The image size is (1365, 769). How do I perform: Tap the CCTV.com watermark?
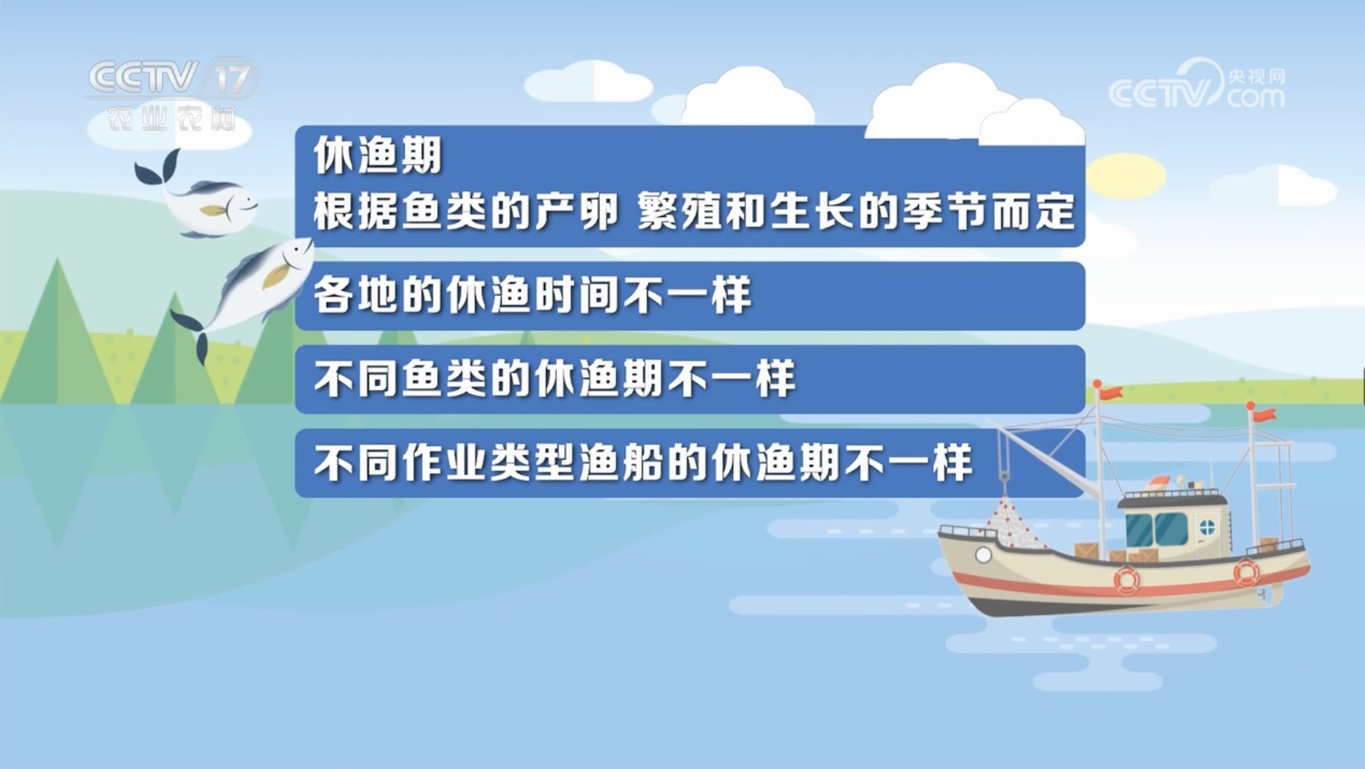click(x=1197, y=86)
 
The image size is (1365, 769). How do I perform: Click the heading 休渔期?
click(x=378, y=156)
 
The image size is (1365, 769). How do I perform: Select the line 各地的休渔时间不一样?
click(x=532, y=296)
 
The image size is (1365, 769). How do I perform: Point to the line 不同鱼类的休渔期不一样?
click(x=554, y=379)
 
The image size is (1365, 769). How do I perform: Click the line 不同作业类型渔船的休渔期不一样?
click(x=643, y=463)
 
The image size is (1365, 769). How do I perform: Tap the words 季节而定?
click(x=989, y=212)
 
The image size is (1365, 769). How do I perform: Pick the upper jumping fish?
click(x=196, y=196)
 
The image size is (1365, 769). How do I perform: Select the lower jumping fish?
click(x=245, y=293)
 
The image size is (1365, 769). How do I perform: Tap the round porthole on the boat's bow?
click(x=983, y=555)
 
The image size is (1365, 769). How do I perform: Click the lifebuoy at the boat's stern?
click(x=1246, y=572)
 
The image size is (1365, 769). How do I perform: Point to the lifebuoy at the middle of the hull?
click(x=1127, y=580)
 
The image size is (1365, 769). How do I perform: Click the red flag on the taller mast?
click(x=1109, y=393)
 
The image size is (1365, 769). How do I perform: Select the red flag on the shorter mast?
click(x=1262, y=415)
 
